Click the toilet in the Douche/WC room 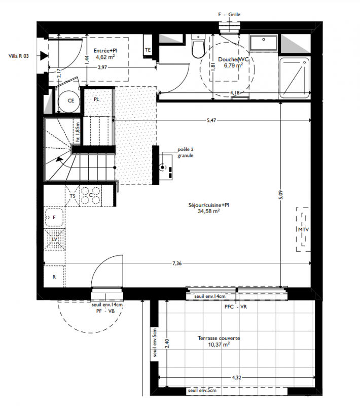click(198, 46)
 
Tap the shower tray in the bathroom click(294, 78)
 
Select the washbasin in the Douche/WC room click(264, 43)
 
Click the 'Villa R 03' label click(19, 56)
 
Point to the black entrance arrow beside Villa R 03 click(44, 56)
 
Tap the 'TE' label click(148, 50)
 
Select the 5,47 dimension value click(211, 120)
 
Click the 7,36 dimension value click(177, 263)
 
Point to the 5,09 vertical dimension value click(281, 195)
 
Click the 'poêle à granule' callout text click(186, 153)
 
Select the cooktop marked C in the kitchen click(91, 196)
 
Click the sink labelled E click(54, 217)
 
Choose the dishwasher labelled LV click(54, 239)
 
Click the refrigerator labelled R click(54, 277)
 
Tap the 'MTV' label click(303, 230)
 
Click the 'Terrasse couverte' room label click(219, 338)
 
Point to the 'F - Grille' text click(229, 15)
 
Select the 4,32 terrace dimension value click(236, 378)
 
